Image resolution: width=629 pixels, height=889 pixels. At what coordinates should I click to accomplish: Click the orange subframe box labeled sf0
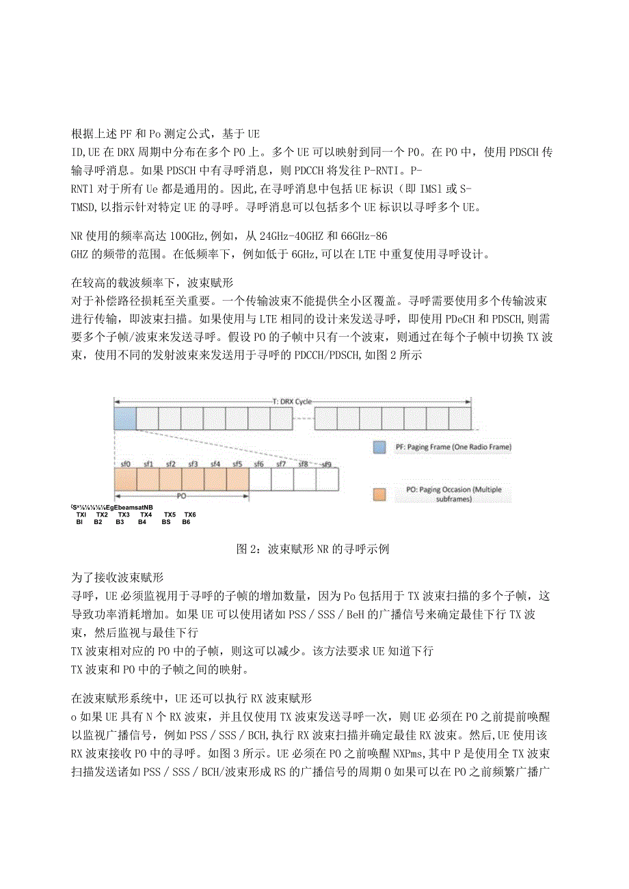tap(126, 479)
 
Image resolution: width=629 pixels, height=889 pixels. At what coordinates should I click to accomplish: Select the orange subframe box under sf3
tap(193, 479)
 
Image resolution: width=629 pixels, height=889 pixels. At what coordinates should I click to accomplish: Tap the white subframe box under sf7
tap(282, 479)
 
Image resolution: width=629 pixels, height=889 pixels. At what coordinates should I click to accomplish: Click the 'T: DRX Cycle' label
tap(293, 401)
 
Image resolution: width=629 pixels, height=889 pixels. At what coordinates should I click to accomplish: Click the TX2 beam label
tap(102, 515)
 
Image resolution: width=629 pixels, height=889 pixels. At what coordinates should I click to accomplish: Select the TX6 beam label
tap(189, 515)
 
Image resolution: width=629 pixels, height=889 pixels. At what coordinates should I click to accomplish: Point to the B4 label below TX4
tap(142, 522)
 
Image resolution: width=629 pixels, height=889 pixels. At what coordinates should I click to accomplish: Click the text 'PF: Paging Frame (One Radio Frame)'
tap(453, 448)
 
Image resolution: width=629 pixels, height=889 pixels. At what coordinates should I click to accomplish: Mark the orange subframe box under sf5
tap(237, 479)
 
